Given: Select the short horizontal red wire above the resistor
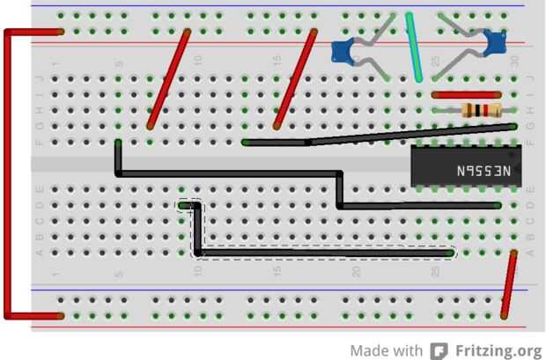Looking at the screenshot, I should (x=467, y=94).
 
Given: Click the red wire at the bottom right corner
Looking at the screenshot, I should (x=508, y=283).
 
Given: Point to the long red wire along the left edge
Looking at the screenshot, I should (x=7, y=176).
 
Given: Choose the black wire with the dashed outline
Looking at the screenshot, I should (x=326, y=253).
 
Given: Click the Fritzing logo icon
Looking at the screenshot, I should (x=439, y=349).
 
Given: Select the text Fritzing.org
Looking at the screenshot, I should (x=498, y=349).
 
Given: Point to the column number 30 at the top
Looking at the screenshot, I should (x=515, y=62).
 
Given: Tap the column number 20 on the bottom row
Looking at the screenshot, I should (x=358, y=273).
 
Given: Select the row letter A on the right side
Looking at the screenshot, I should (x=530, y=253).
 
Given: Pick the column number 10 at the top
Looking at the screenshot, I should (x=197, y=62).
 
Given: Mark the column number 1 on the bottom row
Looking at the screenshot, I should (x=55, y=273).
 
